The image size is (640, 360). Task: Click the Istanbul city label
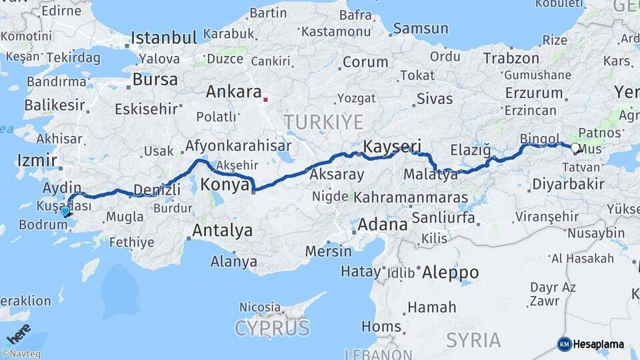(164, 37)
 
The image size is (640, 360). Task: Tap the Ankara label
(233, 91)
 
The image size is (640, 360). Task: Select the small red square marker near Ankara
(266, 100)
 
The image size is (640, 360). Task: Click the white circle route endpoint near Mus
(575, 147)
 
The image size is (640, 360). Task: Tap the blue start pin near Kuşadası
(65, 211)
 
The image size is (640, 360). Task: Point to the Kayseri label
(392, 145)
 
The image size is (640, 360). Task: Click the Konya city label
(225, 185)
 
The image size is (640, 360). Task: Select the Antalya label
(223, 231)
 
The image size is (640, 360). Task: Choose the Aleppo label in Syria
(450, 273)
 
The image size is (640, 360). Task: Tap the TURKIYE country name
(324, 122)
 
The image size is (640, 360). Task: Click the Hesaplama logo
(591, 344)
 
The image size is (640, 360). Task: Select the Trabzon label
(511, 59)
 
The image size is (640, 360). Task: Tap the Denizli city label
(157, 190)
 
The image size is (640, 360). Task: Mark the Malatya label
(431, 175)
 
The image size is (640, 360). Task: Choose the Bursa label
(155, 80)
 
